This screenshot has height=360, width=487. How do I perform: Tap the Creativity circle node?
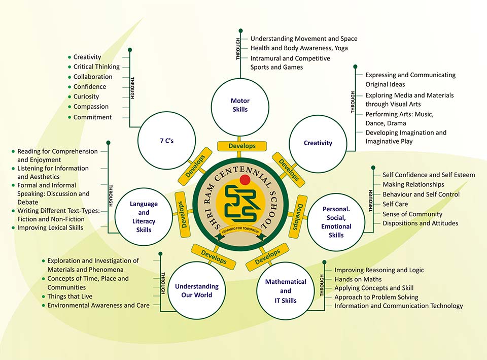(x=318, y=143)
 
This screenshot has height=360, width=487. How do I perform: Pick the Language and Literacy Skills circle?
(x=144, y=217)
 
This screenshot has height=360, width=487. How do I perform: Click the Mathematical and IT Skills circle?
(x=286, y=291)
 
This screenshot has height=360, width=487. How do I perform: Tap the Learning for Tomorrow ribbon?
(x=243, y=231)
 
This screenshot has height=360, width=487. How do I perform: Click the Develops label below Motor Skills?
(x=242, y=146)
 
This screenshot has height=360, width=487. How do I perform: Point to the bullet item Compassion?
(x=91, y=107)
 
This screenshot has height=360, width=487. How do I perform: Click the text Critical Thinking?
(x=96, y=67)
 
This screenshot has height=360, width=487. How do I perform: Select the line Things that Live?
(x=70, y=297)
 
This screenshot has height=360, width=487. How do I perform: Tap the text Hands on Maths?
(x=358, y=279)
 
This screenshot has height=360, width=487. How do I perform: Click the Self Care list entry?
(x=395, y=204)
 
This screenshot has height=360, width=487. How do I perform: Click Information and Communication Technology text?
(x=399, y=306)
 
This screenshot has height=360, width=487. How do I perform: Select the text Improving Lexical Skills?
(x=50, y=228)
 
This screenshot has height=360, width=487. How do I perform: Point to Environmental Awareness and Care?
(x=98, y=306)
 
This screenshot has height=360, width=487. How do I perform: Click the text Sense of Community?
(x=412, y=214)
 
